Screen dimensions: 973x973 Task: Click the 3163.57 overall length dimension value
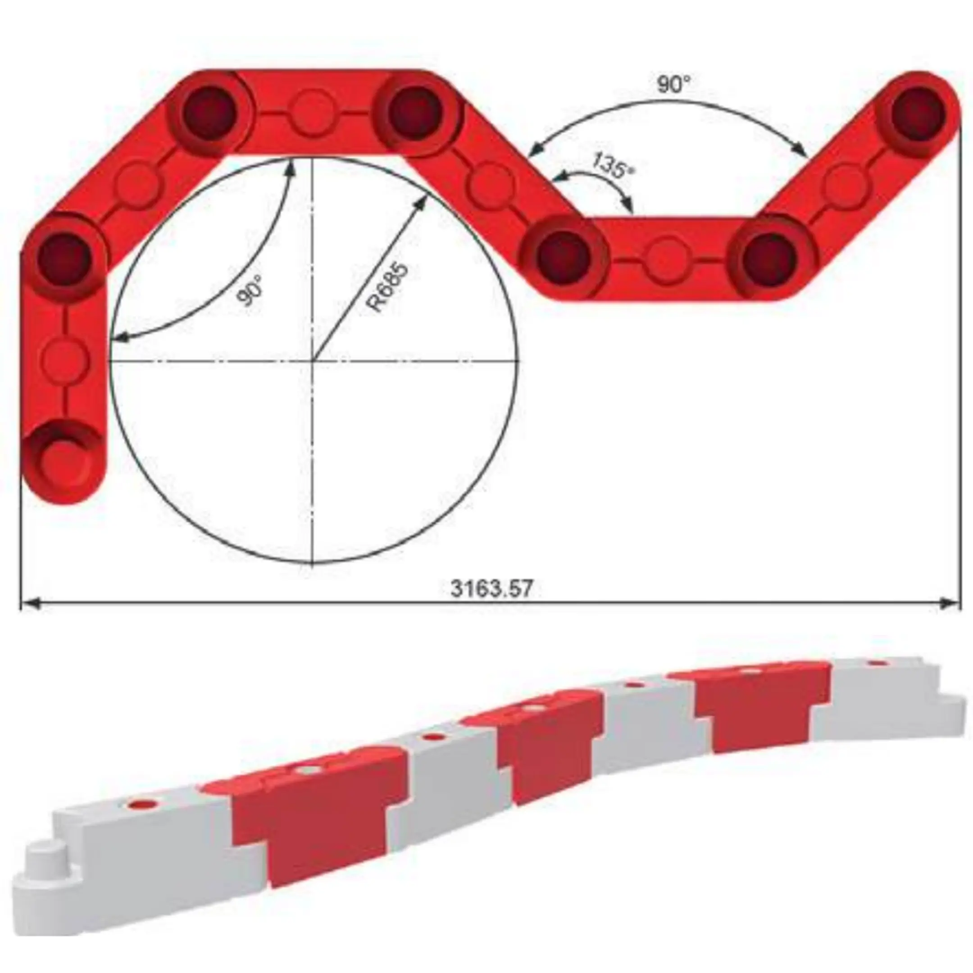click(x=491, y=588)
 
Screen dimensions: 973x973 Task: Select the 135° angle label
click(x=613, y=165)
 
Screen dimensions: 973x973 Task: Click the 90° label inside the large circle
click(x=250, y=291)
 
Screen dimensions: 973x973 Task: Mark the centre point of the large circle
click(x=313, y=360)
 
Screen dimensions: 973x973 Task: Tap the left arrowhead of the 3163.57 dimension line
click(x=30, y=603)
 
